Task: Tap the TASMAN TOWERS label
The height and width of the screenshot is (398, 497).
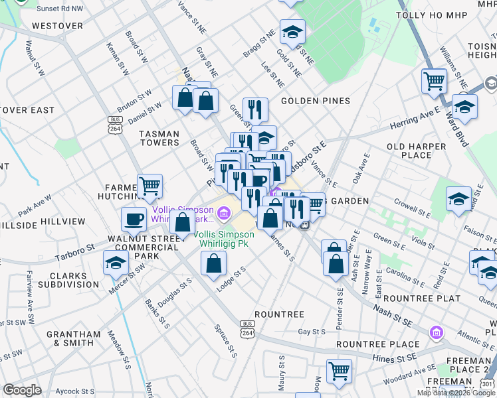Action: pos(159,138)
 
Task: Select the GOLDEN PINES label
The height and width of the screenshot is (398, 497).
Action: pos(315,101)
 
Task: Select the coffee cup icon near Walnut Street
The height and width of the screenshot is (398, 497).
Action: pos(134,218)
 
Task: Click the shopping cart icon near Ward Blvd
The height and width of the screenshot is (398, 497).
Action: pos(434,81)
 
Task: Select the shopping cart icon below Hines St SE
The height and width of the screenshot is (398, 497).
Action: pos(339,371)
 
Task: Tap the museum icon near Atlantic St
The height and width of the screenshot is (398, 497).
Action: pos(436,332)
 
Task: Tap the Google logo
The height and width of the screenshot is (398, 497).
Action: pos(23,390)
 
